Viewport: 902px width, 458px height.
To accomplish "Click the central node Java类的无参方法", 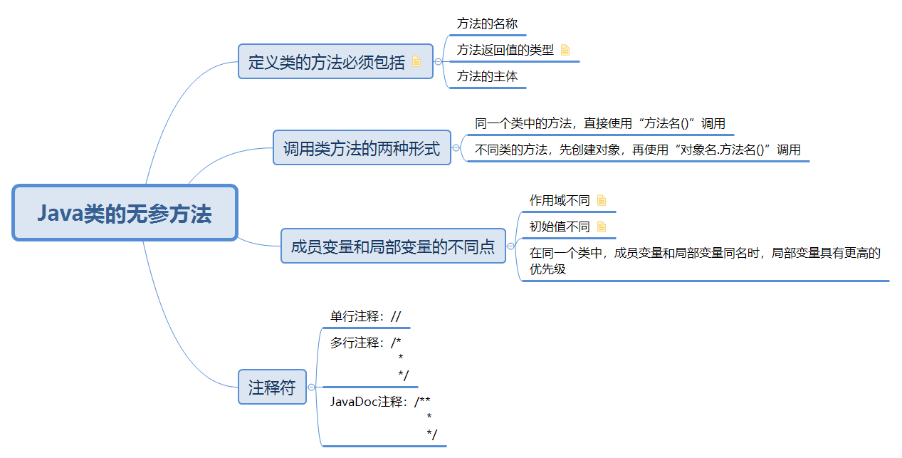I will point(125,214).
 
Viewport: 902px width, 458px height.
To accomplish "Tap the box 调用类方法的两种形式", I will point(362,148).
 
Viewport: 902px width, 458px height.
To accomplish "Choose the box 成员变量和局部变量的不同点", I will point(392,246).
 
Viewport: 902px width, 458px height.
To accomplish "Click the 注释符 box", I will point(272,387).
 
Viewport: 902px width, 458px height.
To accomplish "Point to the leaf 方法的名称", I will point(487,24).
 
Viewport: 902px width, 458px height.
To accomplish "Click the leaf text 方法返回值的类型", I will point(505,50).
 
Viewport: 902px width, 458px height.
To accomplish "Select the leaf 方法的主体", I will point(487,76).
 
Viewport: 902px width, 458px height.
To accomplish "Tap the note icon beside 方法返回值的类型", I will point(565,50).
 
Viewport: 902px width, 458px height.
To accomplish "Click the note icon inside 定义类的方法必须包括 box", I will point(417,61).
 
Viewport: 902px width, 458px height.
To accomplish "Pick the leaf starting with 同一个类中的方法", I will point(599,123).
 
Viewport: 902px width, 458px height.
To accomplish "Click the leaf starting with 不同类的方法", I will point(637,150).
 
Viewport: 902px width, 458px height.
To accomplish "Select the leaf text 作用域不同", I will point(559,200).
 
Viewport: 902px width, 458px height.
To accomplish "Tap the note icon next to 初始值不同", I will point(602,227).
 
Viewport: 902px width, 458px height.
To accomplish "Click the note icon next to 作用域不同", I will point(602,200).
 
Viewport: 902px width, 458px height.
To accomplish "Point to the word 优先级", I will point(547,270).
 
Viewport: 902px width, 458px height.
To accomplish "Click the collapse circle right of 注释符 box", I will point(311,387).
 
